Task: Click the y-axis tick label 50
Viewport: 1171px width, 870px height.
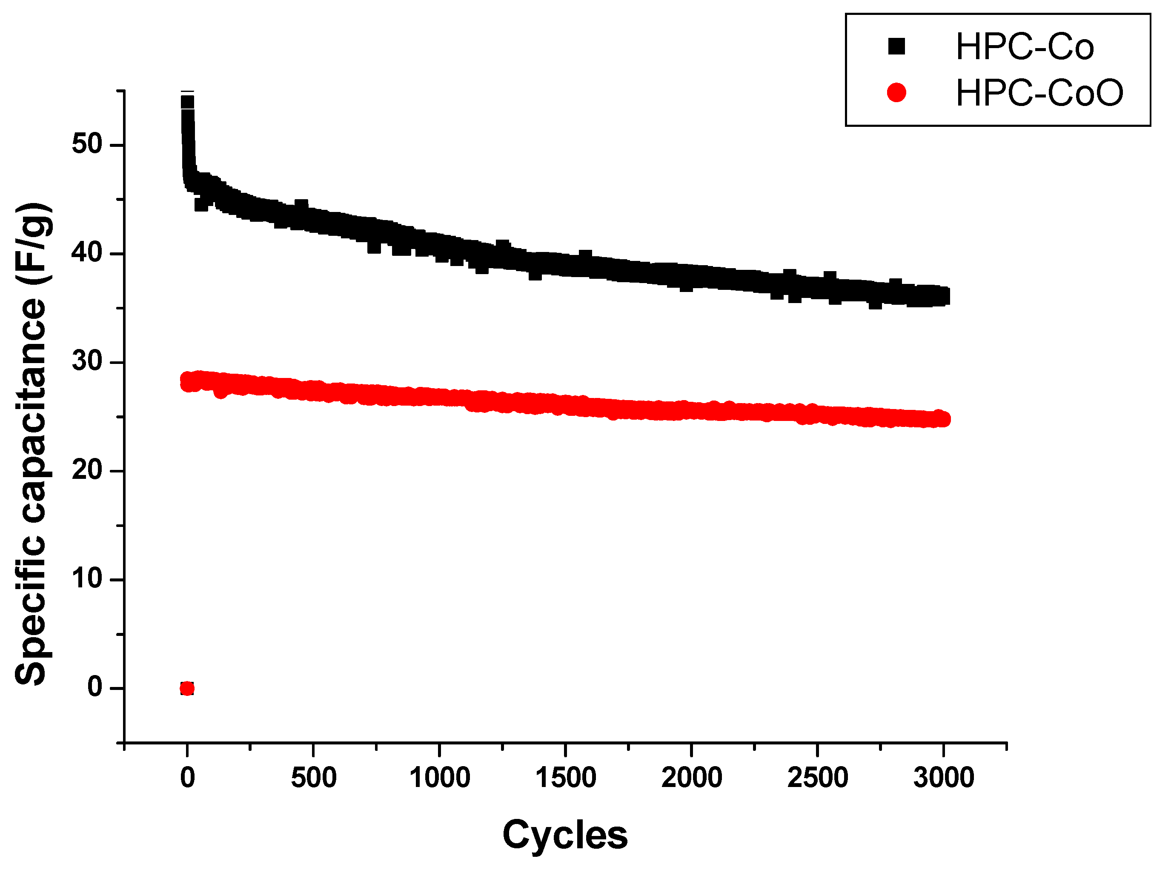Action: coord(87,144)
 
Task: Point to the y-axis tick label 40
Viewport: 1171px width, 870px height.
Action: coord(87,252)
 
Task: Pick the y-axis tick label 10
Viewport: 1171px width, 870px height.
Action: coord(87,578)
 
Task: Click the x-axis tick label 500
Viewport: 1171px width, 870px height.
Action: coord(313,778)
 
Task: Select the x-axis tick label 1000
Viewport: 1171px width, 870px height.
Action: coord(440,778)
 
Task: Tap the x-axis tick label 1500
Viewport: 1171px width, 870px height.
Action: coord(565,778)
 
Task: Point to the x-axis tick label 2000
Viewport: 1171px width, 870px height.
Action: coord(691,778)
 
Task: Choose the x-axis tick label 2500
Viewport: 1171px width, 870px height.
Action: coord(818,778)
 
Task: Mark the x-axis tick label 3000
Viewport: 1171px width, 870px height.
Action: coord(944,778)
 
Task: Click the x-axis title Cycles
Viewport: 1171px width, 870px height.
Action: coord(565,835)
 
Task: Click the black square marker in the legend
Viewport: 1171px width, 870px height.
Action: coord(896,46)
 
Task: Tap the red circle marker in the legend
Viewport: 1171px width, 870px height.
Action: coord(896,93)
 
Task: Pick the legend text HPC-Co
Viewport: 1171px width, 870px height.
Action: coord(1025,47)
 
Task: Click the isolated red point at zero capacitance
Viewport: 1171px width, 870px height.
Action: coord(187,688)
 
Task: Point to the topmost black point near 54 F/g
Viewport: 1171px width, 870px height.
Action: coord(187,102)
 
